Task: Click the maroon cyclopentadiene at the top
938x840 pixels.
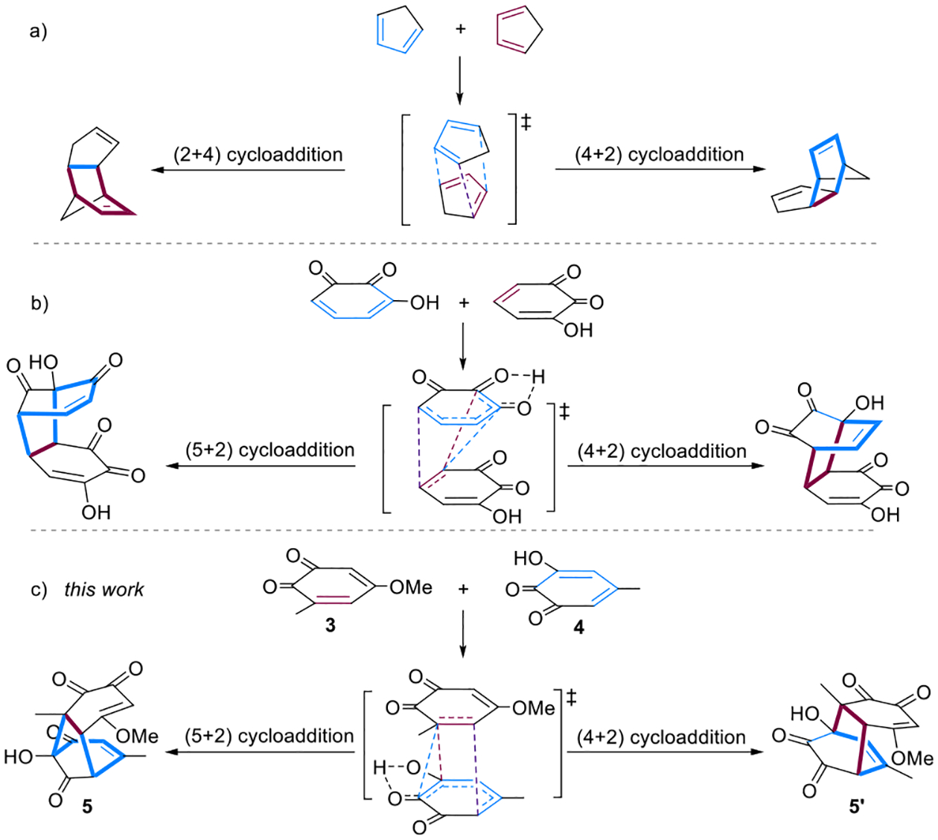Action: click(519, 31)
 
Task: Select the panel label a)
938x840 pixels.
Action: click(38, 31)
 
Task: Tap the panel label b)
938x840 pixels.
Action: click(39, 303)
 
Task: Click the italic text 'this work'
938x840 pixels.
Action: click(103, 590)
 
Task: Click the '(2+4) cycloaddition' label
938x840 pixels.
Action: click(258, 155)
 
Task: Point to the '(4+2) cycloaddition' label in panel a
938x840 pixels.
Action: click(659, 155)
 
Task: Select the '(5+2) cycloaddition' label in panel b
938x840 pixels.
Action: click(269, 450)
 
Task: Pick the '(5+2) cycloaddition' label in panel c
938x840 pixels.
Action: click(269, 736)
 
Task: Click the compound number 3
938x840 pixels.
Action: click(330, 626)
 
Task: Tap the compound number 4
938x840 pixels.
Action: click(578, 628)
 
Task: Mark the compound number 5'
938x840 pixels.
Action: click(857, 806)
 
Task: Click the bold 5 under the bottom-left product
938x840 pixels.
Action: click(87, 806)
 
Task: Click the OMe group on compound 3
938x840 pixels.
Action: click(411, 588)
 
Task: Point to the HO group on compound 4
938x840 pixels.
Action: click(528, 558)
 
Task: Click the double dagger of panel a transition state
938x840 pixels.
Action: click(526, 121)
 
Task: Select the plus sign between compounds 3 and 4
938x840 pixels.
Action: click(463, 589)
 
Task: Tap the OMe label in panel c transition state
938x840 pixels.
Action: click(533, 708)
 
